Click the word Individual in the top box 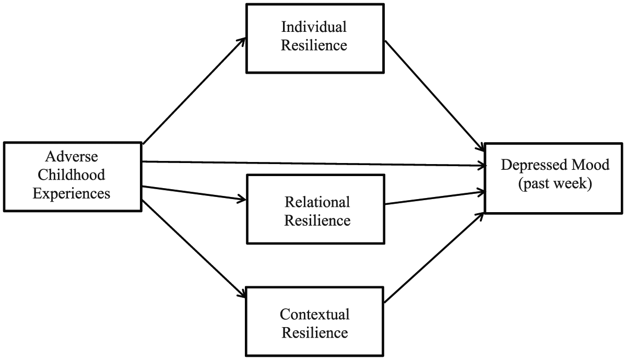pos(314,27)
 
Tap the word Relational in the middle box pos(317,202)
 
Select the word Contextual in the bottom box pos(315,315)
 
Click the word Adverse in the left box pos(72,156)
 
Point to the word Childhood pos(72,175)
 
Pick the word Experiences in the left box pos(72,194)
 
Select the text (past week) pos(555,184)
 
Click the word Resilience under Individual pos(314,45)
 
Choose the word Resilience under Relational pos(317,220)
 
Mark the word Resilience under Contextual pos(315,333)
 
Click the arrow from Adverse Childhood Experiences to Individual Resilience pos(194,91)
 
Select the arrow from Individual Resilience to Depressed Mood pos(435,96)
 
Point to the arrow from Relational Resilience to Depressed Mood pos(435,198)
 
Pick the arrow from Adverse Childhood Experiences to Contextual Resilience pos(194,249)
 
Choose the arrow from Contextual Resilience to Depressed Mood pos(434,257)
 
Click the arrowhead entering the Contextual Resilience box pos(242,294)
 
